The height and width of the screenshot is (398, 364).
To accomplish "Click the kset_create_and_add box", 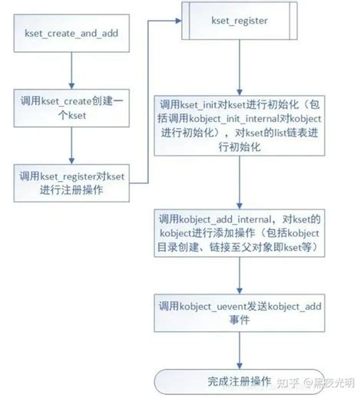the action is click(x=71, y=33).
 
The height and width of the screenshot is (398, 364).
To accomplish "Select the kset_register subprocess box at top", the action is click(x=240, y=21).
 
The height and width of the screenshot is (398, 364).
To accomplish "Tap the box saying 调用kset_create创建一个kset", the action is click(x=71, y=108).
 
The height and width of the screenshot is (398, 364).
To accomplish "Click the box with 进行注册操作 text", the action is click(x=71, y=183).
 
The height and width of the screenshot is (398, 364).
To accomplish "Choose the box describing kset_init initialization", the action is click(x=240, y=126).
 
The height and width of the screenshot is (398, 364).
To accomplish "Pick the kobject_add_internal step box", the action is click(x=240, y=233).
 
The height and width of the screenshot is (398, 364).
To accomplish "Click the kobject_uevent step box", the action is click(x=240, y=313).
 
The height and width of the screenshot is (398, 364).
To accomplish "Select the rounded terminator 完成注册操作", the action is click(x=240, y=382).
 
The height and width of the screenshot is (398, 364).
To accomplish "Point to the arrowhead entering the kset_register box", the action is click(x=178, y=21).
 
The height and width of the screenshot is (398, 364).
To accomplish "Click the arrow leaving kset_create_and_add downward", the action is click(x=71, y=71).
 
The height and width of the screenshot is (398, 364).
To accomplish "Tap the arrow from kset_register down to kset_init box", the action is click(x=240, y=67).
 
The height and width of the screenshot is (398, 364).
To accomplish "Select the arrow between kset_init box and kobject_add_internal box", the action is click(x=240, y=183).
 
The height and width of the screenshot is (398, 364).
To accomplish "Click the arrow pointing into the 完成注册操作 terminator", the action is click(x=240, y=350).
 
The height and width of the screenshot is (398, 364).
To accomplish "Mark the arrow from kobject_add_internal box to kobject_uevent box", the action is click(x=240, y=275).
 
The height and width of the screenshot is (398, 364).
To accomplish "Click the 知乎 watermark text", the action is click(x=288, y=383).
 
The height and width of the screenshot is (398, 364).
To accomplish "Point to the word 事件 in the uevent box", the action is click(x=240, y=320).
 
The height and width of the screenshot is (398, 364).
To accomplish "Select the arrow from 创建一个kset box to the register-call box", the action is click(x=71, y=146).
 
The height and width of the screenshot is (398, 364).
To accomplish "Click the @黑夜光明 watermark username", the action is click(x=329, y=383).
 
